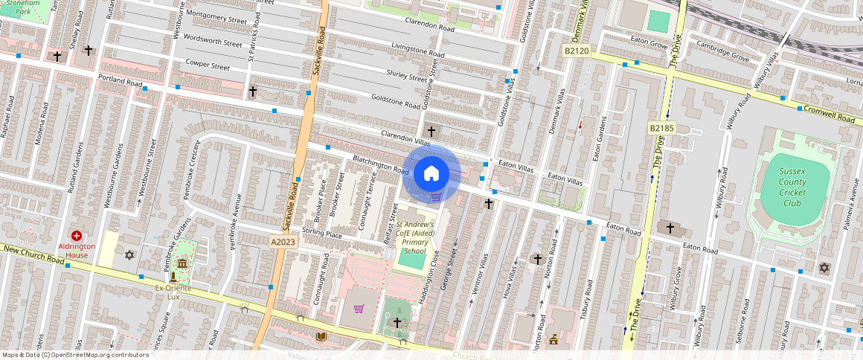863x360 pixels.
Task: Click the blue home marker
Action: [x=431, y=174]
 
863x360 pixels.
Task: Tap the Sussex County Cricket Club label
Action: [x=792, y=187]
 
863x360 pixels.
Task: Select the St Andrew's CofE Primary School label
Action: [x=414, y=237]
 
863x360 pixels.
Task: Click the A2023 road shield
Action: [x=283, y=242]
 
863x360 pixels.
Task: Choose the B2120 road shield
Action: [x=576, y=51]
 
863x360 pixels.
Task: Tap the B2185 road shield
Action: [x=661, y=128]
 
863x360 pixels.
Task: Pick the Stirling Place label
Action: [x=323, y=234]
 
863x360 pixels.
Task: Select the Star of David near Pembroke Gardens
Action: [x=130, y=255]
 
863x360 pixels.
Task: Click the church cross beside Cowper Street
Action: [x=252, y=91]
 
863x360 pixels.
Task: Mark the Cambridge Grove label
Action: [x=722, y=51]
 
